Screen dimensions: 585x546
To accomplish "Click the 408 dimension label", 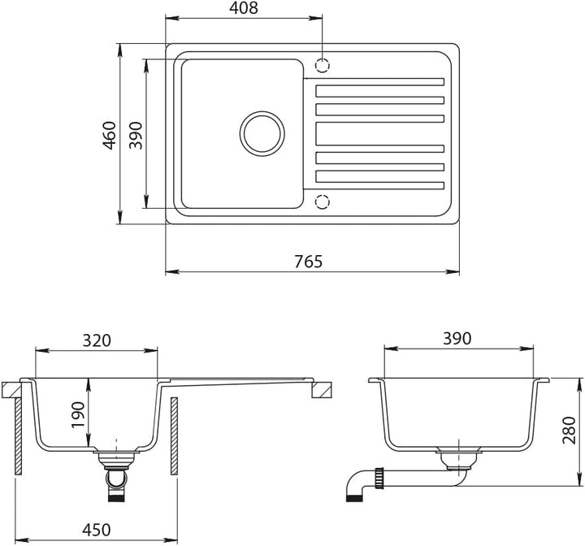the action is click(x=243, y=8).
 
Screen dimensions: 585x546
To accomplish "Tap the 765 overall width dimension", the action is click(x=308, y=262).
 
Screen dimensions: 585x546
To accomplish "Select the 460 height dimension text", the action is click(x=110, y=136).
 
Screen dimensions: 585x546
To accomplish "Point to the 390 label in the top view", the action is click(x=136, y=135).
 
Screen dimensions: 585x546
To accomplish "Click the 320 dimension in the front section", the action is click(x=97, y=340).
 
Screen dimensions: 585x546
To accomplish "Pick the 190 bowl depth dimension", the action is click(x=78, y=415).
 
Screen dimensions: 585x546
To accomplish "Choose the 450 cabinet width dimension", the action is click(x=96, y=530).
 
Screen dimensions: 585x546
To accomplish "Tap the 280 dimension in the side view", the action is click(x=570, y=430).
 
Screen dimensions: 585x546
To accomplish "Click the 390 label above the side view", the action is click(x=457, y=339).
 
